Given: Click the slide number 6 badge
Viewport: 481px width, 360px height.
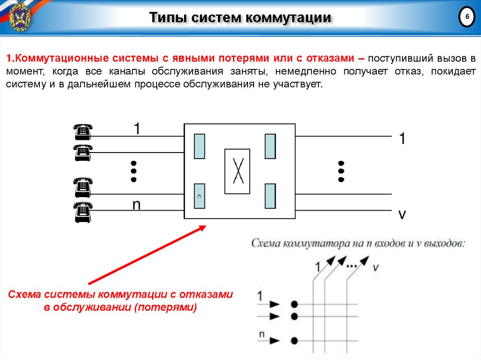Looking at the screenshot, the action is click(466, 17).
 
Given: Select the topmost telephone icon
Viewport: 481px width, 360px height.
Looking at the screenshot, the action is click(83, 132).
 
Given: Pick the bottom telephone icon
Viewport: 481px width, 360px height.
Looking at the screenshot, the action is click(83, 212).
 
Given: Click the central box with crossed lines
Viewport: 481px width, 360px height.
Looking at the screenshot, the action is click(237, 171).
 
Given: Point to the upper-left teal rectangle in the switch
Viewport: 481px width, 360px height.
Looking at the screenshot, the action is click(199, 146).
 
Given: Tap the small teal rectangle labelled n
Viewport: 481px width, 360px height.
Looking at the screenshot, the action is click(199, 196).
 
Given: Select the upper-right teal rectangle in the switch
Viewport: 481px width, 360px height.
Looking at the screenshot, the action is click(270, 146).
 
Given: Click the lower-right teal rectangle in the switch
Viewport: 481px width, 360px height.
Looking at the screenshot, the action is click(270, 196).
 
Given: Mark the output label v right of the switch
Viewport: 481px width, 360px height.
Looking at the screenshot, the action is click(402, 214).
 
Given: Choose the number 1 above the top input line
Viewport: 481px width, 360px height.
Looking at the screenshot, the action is click(137, 129).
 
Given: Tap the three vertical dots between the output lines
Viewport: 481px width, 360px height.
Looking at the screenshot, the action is click(341, 171).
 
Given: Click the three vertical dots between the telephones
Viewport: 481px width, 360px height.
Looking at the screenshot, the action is click(133, 171).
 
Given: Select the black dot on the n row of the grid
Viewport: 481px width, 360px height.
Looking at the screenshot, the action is click(294, 340).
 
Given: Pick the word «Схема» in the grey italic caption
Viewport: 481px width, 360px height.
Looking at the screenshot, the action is click(266, 244).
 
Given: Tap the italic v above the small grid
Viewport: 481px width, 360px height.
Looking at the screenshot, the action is click(376, 267).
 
